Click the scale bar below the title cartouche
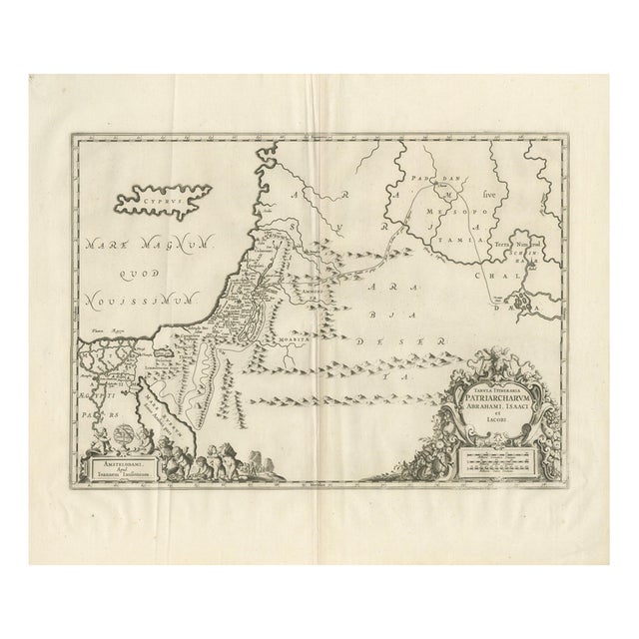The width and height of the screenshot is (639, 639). [x=497, y=457]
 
